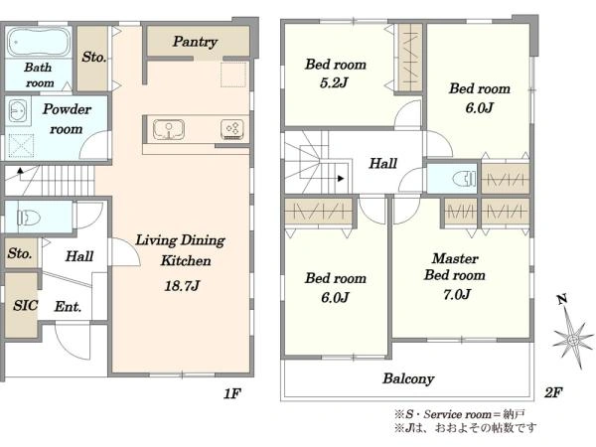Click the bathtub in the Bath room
click(x=39, y=42)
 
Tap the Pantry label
click(x=195, y=42)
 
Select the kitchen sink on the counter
click(x=169, y=129)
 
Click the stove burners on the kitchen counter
click(x=232, y=129)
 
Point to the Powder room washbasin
click(x=18, y=110)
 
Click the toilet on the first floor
click(x=29, y=218)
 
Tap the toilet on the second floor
click(x=464, y=178)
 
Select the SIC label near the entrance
click(x=26, y=305)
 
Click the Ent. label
click(x=68, y=306)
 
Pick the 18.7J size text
click(x=182, y=285)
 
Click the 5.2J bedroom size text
click(x=334, y=82)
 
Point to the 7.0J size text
click(x=457, y=294)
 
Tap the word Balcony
click(x=408, y=378)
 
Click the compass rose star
click(x=573, y=338)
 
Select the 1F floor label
click(x=231, y=393)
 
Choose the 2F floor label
click(x=553, y=392)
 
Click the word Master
click(x=455, y=258)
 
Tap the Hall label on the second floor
click(x=383, y=164)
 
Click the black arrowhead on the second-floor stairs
click(x=341, y=178)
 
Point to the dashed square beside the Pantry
click(x=233, y=74)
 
